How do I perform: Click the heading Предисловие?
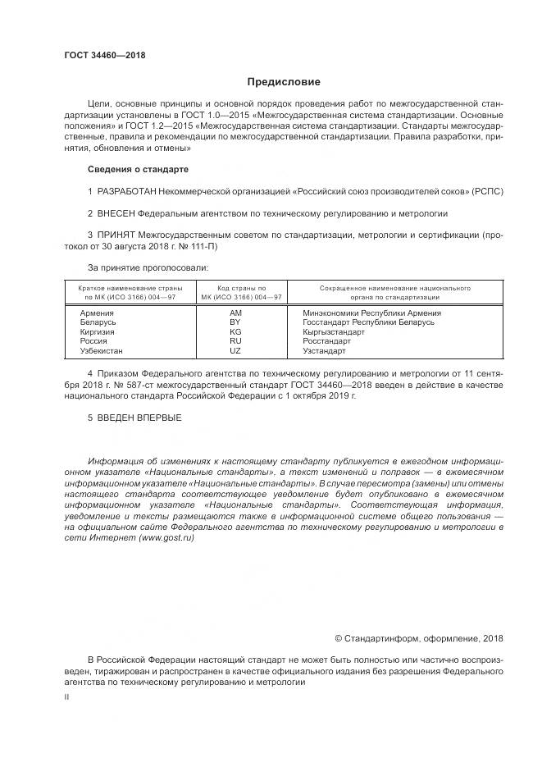(x=284, y=82)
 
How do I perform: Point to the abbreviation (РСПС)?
(x=487, y=191)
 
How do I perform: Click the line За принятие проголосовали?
(x=148, y=267)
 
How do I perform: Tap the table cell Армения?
(x=97, y=313)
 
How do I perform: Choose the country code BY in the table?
(x=236, y=322)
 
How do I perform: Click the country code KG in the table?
(x=236, y=331)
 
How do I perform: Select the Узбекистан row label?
(x=102, y=350)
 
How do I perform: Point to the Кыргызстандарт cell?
(x=334, y=331)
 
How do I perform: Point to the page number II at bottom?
(x=67, y=696)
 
